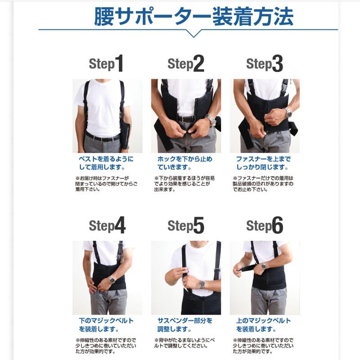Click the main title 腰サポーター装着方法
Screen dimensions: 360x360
(193, 17)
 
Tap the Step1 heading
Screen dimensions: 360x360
(106, 64)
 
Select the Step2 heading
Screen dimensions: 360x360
(186, 64)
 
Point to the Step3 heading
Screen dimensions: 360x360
(265, 64)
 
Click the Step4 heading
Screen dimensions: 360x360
(107, 225)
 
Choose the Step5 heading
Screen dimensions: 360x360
(186, 225)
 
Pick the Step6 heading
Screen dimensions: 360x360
(265, 225)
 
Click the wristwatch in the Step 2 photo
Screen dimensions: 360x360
(210, 120)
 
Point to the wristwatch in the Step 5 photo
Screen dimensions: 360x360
(202, 284)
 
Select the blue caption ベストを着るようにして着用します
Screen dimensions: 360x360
(106, 163)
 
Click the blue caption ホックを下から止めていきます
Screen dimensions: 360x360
(185, 163)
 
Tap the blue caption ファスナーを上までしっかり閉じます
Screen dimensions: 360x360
(264, 163)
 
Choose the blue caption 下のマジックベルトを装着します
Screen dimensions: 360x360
(106, 324)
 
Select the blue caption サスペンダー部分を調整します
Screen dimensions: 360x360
(185, 324)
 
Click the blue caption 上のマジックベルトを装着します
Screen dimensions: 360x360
(264, 324)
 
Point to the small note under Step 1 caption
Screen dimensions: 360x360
(106, 184)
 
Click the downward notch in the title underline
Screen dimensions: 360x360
(193, 34)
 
